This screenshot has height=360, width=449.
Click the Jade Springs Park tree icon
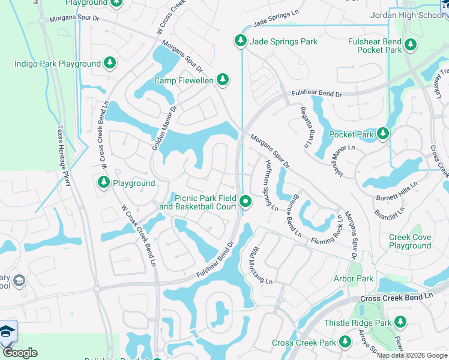click(240, 41)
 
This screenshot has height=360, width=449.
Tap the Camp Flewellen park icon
click(223, 80)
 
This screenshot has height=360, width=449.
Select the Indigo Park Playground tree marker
click(109, 63)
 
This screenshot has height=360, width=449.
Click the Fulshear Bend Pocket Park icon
click(411, 44)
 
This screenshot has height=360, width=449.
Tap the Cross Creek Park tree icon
click(345, 342)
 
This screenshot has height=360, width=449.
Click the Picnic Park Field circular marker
click(246, 202)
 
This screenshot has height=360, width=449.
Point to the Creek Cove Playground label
click(410, 241)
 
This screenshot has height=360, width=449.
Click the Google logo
click(20, 353)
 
